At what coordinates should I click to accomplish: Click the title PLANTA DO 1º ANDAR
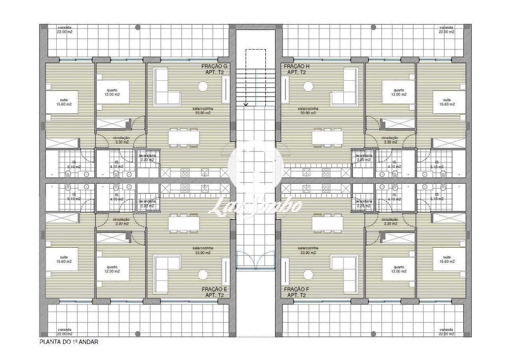tap(69, 342)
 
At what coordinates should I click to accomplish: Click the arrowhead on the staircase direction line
tap(246, 104)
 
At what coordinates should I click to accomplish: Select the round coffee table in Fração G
tap(203, 86)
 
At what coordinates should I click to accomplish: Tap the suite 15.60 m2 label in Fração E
tap(64, 259)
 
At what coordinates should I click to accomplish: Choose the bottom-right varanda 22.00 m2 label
tap(446, 331)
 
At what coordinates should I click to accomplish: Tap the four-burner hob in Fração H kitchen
tap(326, 173)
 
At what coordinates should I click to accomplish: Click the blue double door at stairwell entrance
tap(255, 260)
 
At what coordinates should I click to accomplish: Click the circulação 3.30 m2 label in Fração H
tap(390, 139)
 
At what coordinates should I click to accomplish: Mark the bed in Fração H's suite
tap(449, 102)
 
